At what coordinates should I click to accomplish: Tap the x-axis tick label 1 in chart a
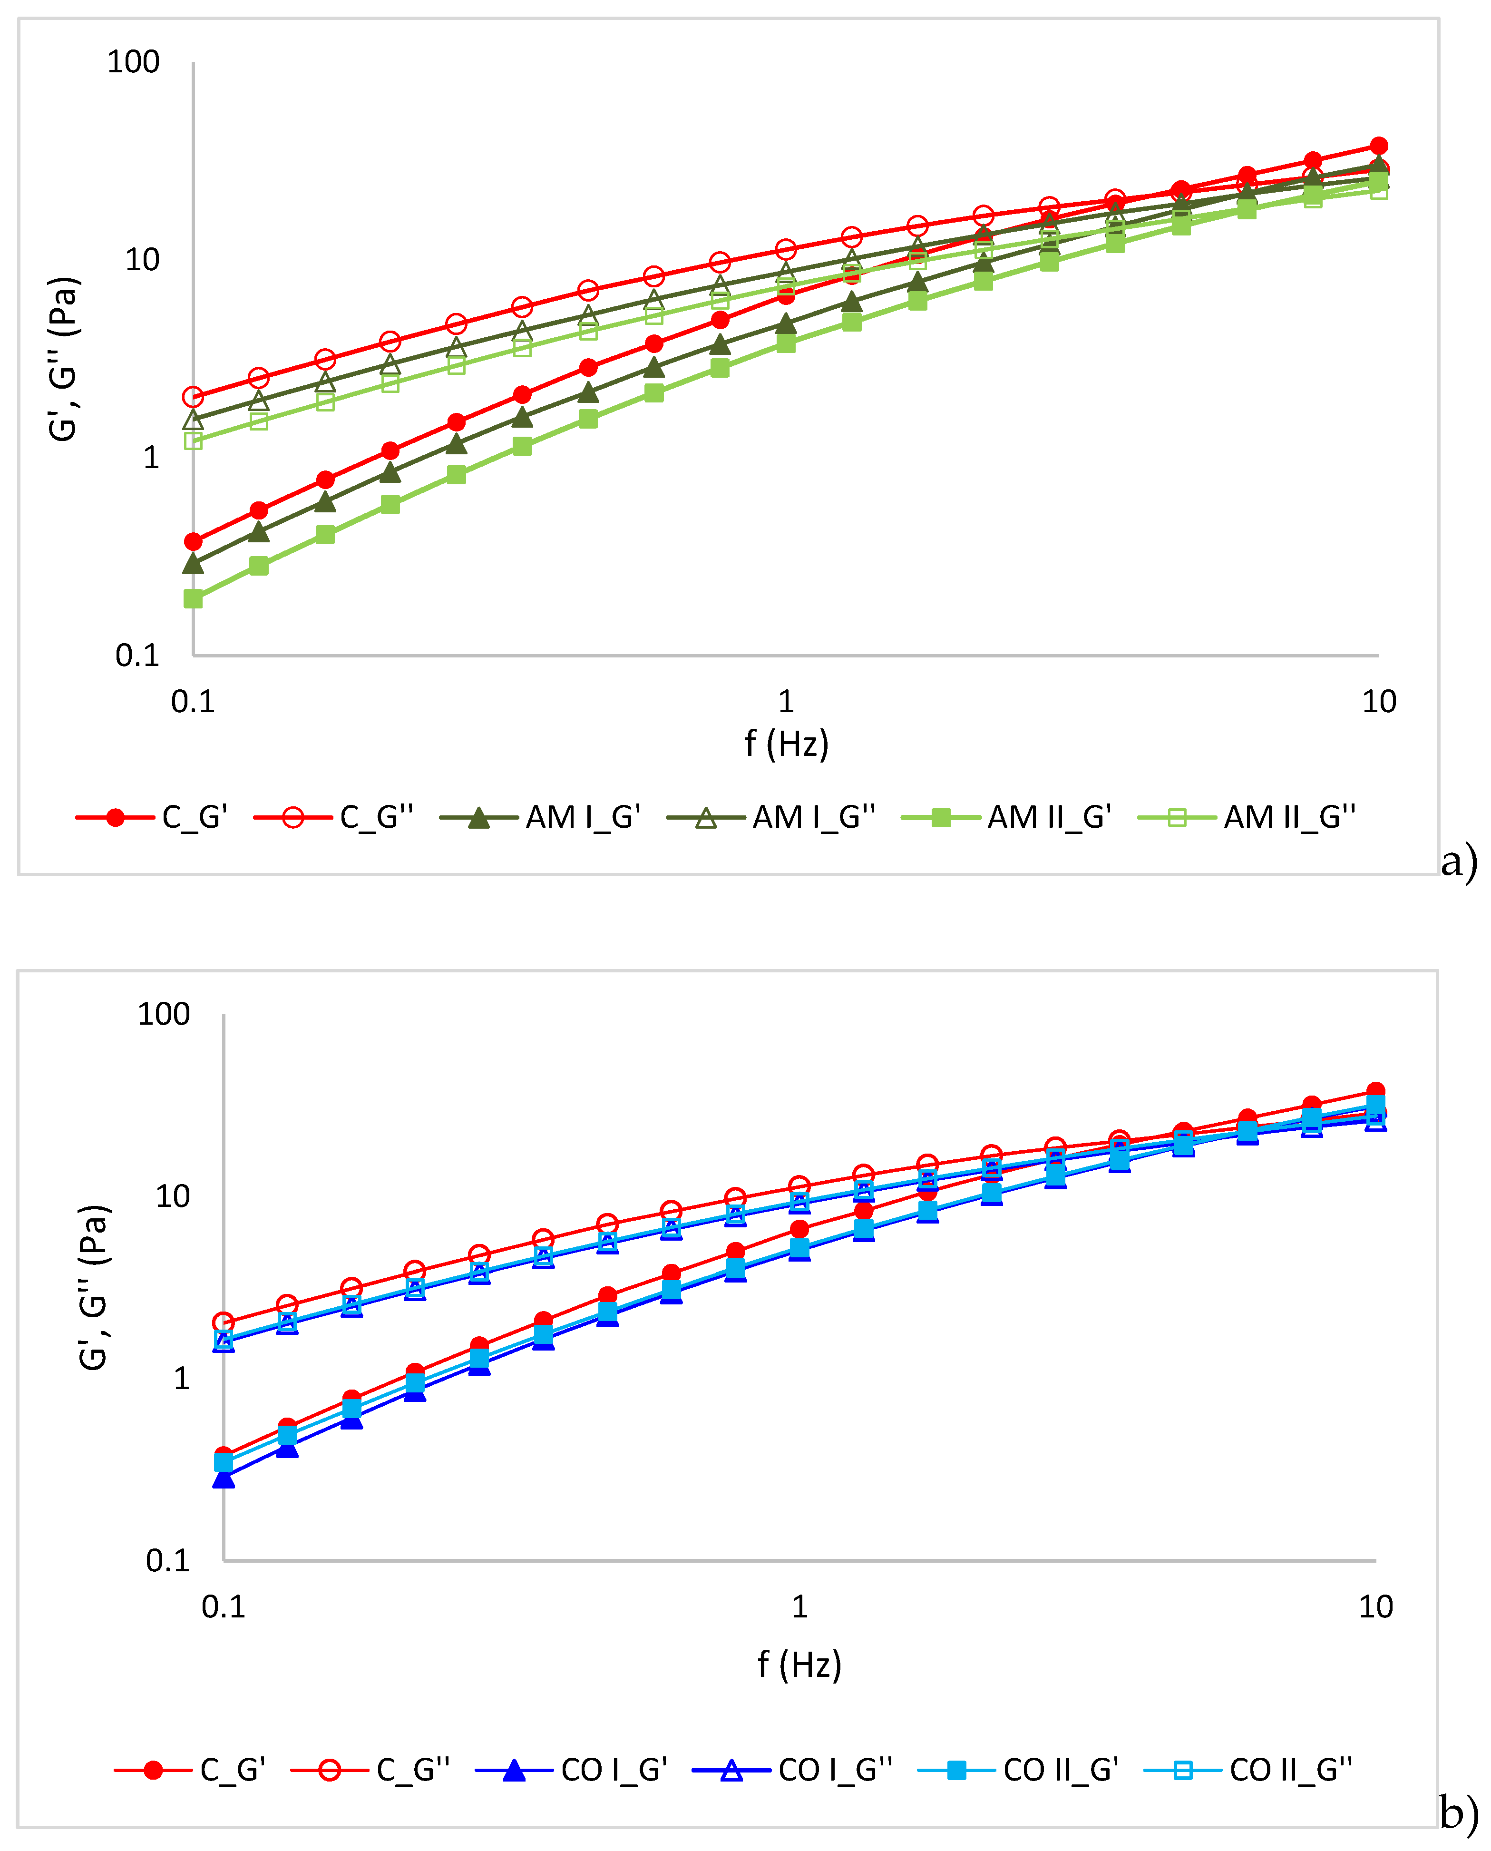point(786,702)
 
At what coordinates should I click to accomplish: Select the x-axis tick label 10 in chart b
point(1375,1606)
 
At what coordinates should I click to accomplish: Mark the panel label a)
point(1458,861)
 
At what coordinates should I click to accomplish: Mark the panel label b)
point(1458,1812)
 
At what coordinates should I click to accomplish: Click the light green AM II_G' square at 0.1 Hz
point(193,598)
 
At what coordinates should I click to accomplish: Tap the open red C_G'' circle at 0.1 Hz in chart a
point(193,397)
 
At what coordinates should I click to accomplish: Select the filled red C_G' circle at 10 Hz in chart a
point(1378,146)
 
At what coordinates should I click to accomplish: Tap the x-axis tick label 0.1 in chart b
point(224,1606)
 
